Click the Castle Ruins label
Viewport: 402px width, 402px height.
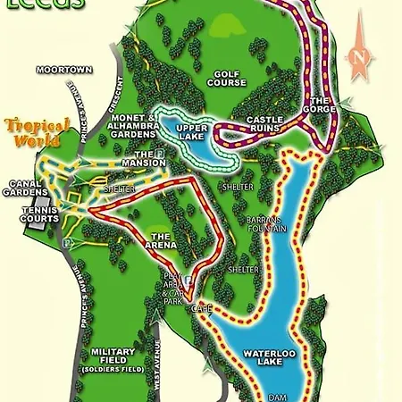point(265,124)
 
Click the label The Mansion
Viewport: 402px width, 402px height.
point(150,158)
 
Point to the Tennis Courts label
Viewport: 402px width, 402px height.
point(40,214)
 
